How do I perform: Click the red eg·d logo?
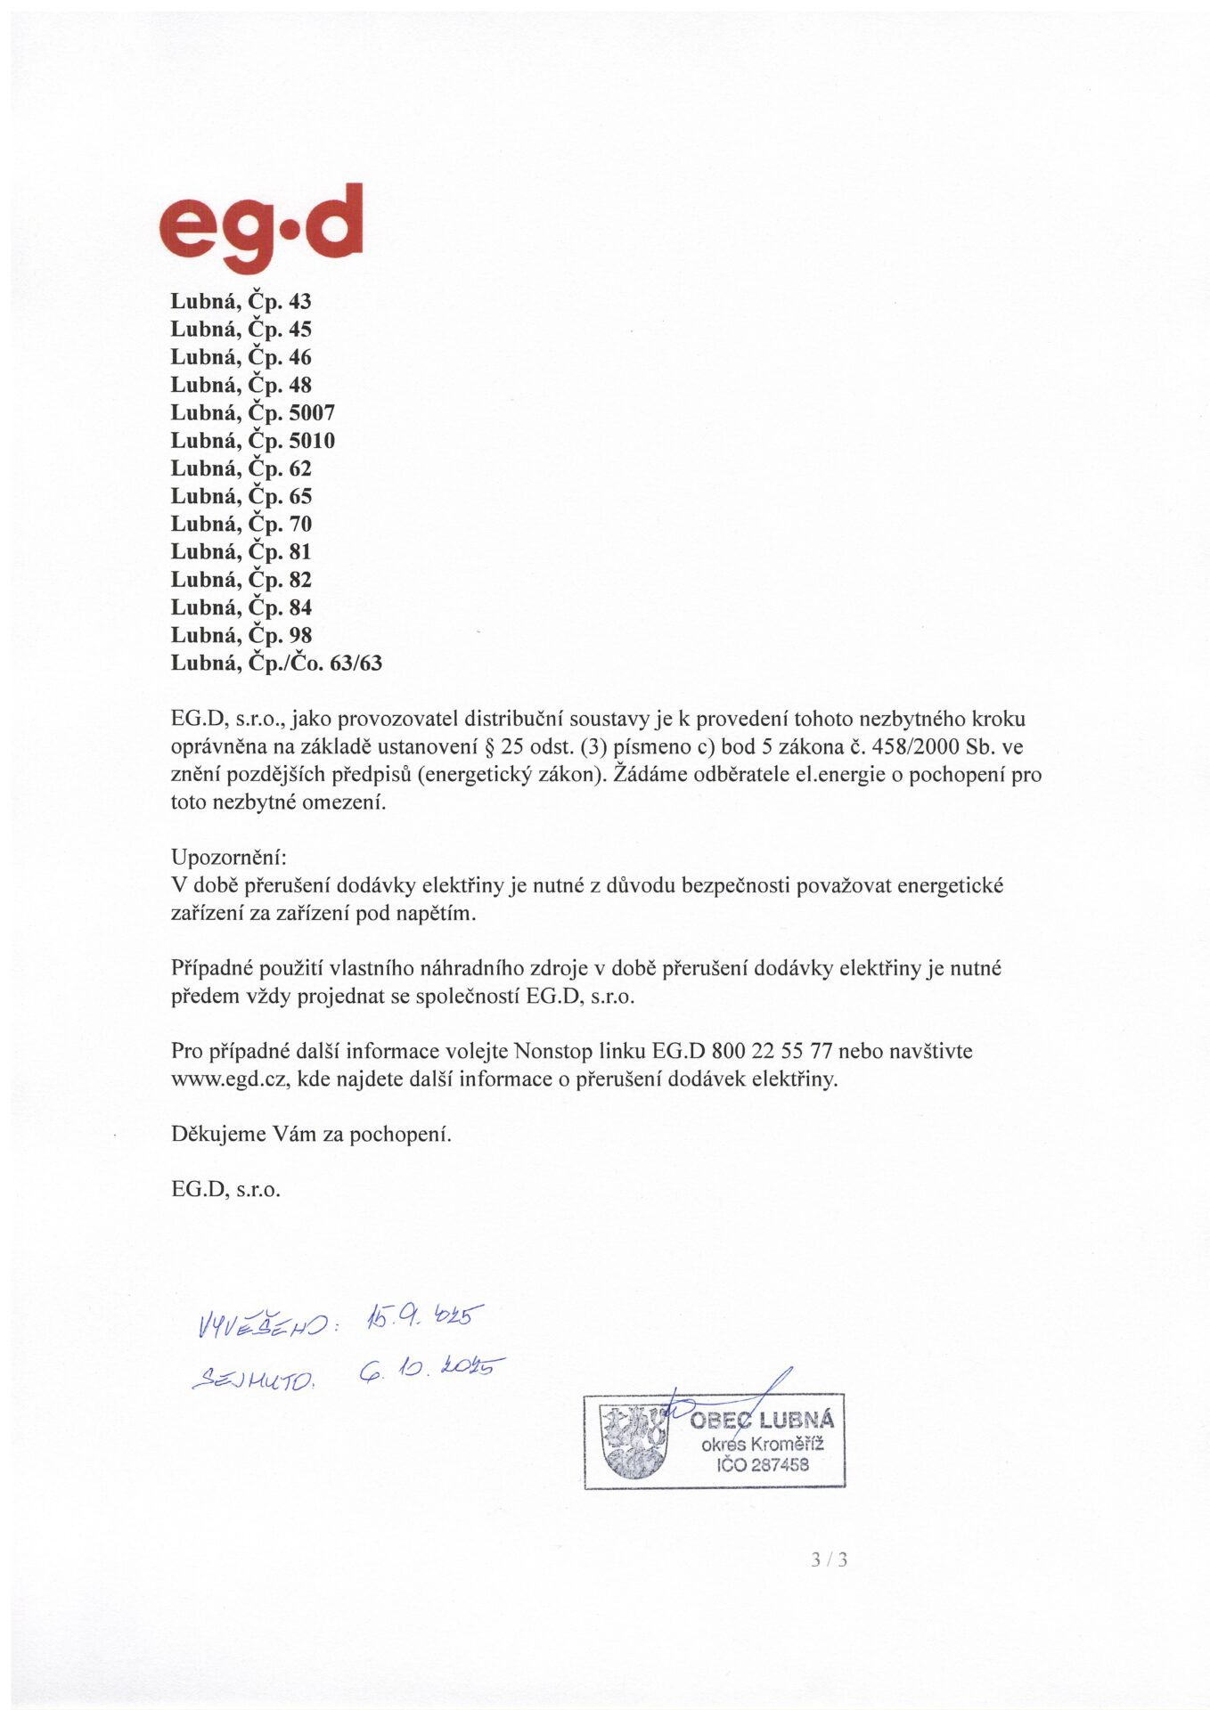pyautogui.click(x=261, y=228)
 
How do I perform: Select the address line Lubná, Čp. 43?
pyautogui.click(x=241, y=302)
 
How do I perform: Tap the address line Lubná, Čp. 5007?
pyautogui.click(x=252, y=413)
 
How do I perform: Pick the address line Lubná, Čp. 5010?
pyautogui.click(x=252, y=441)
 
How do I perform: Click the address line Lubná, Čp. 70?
pyautogui.click(x=241, y=525)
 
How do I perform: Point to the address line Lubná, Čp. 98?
pyautogui.click(x=241, y=636)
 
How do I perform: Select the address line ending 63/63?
pyautogui.click(x=276, y=664)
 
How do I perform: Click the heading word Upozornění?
pyautogui.click(x=228, y=858)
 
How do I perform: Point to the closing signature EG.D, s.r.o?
pyautogui.click(x=225, y=1190)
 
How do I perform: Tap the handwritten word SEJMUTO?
pyautogui.click(x=254, y=1380)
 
